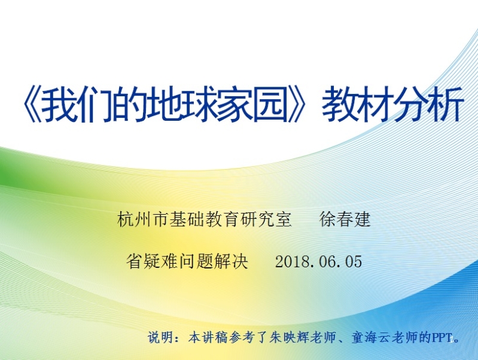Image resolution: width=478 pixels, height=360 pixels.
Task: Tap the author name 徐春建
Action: click(345, 219)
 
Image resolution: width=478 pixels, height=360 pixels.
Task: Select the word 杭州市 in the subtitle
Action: click(143, 219)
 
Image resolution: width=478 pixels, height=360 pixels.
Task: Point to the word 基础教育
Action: click(204, 219)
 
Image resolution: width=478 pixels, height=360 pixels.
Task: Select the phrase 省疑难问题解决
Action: click(187, 261)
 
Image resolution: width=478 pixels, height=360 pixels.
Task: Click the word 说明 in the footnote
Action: click(161, 337)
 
